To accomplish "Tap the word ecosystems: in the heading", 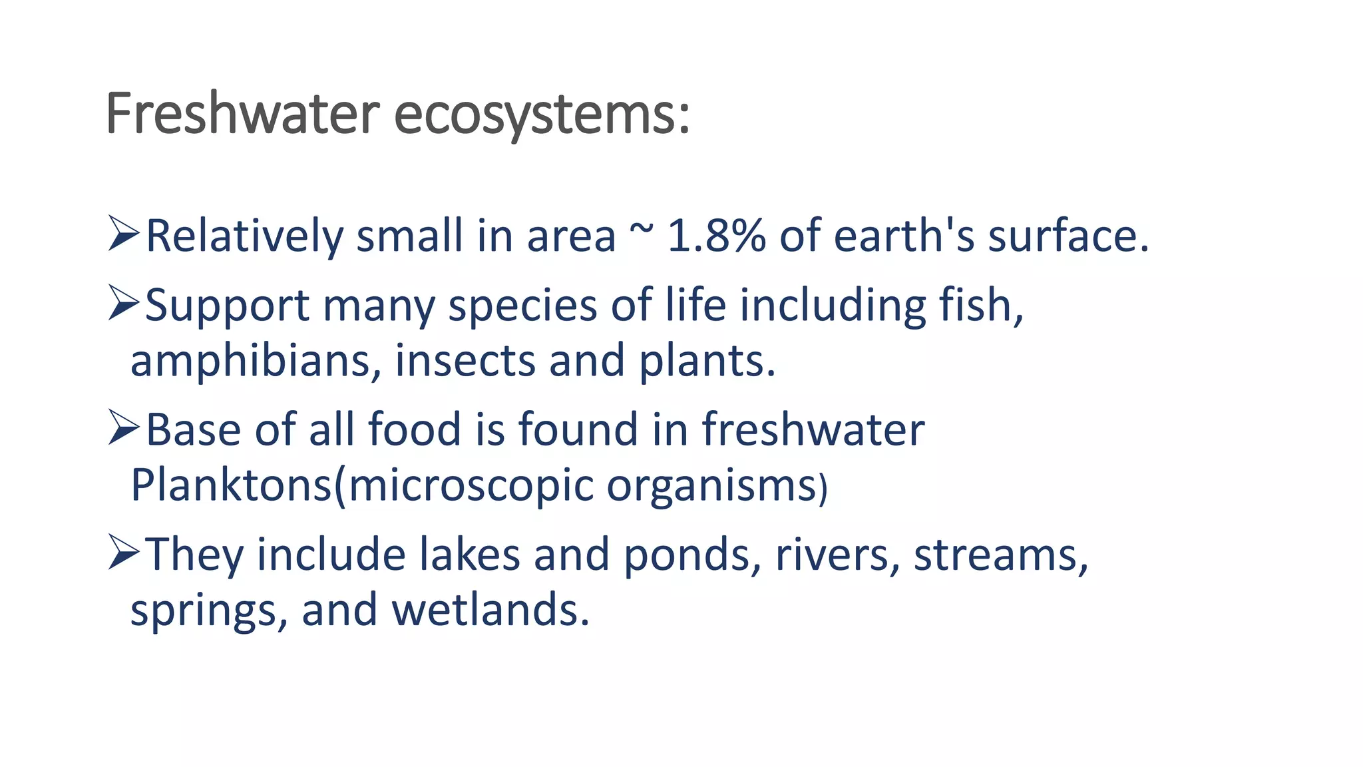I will tap(542, 115).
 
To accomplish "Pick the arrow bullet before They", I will tap(124, 553).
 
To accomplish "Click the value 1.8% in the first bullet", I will tap(716, 236).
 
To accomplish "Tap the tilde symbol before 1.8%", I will tap(641, 230).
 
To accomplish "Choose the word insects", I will tap(465, 361).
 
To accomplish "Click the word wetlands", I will tap(490, 610).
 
